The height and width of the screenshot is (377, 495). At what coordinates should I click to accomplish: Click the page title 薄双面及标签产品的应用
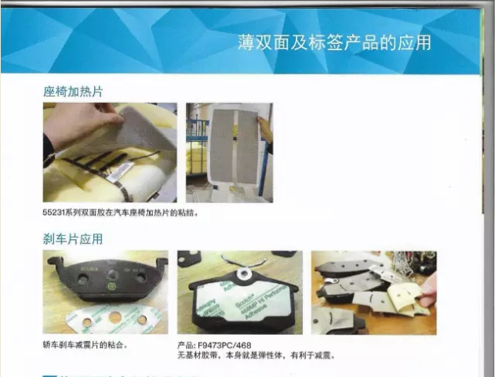[334, 42]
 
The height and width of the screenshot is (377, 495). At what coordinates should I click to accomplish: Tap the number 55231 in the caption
[56, 212]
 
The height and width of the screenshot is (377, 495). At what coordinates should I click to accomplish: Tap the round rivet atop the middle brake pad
[245, 272]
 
